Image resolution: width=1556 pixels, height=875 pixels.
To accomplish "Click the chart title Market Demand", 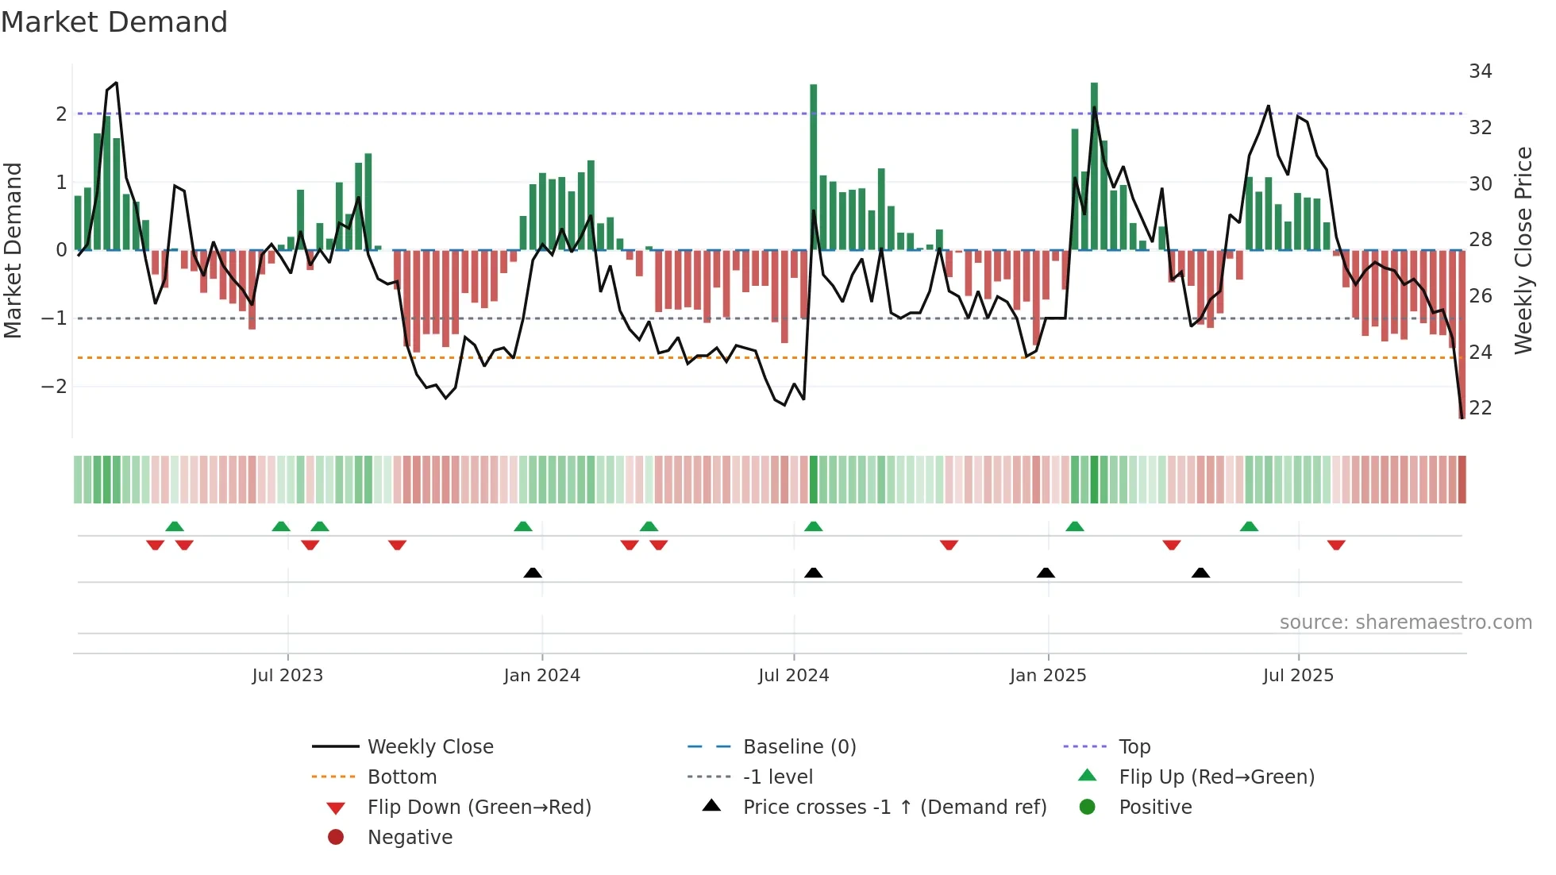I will pyautogui.click(x=114, y=22).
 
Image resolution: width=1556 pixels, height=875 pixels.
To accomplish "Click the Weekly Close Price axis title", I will pyautogui.click(x=1523, y=250).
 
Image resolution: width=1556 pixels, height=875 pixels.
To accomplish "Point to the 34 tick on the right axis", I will pyautogui.click(x=1480, y=71).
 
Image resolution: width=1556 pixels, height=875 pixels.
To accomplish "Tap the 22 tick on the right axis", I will pyautogui.click(x=1480, y=408).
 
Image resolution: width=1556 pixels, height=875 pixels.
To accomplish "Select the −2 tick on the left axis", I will pyautogui.click(x=54, y=387).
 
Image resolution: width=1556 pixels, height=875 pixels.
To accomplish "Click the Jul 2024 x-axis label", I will pyautogui.click(x=793, y=676).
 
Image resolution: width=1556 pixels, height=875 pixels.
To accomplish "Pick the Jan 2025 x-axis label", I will pyautogui.click(x=1047, y=676).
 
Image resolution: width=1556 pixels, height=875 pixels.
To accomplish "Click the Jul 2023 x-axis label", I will pyautogui.click(x=287, y=676).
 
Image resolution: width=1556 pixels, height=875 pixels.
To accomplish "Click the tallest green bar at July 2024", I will pyautogui.click(x=813, y=167).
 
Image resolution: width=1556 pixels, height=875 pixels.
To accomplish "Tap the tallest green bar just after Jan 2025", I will pyautogui.click(x=1094, y=167).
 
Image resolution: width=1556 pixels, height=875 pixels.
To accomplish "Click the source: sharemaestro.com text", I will pyautogui.click(x=1405, y=623).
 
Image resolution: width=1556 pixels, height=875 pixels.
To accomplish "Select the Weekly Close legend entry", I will pyautogui.click(x=429, y=747).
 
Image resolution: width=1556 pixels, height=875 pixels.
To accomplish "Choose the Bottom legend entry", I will pyautogui.click(x=402, y=777).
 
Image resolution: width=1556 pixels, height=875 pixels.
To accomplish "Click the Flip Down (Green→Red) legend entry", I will pyautogui.click(x=479, y=808).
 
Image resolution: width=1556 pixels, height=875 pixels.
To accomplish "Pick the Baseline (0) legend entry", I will pyautogui.click(x=799, y=747).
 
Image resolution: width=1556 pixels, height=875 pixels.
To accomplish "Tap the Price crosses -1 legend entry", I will pyautogui.click(x=894, y=808).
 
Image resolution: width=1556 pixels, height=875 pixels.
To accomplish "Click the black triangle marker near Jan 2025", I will pyautogui.click(x=1046, y=572).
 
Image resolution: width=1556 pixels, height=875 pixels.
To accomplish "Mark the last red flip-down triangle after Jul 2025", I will pyautogui.click(x=1336, y=545).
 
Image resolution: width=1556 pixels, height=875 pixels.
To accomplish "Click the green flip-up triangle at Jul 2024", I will pyautogui.click(x=813, y=526).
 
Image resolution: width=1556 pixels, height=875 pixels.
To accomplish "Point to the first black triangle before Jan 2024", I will pyautogui.click(x=533, y=572).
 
